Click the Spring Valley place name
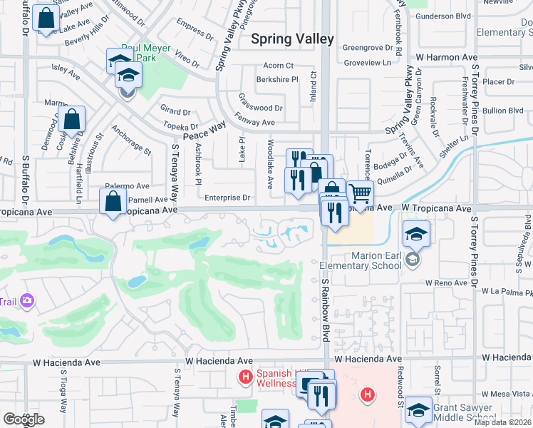pos(292,39)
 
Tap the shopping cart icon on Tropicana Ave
pos(361,193)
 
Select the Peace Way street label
pos(205,131)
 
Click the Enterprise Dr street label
pos(228,198)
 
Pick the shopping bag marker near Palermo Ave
pos(114,202)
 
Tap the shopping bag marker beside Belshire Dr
pos(73,121)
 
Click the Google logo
pos(23,419)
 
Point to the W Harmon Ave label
pos(446,56)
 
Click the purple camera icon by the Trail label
pos(28,301)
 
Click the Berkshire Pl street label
pos(277,80)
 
